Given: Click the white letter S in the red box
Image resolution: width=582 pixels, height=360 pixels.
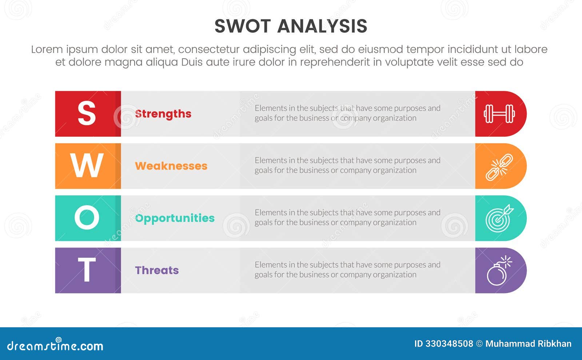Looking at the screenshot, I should pyautogui.click(x=87, y=113).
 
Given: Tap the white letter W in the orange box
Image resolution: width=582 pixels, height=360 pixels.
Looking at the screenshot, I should pyautogui.click(x=87, y=166).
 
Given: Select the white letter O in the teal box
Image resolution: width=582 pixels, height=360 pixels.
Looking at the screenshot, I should pyautogui.click(x=87, y=218).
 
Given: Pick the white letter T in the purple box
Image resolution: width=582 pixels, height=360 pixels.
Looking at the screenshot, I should pyautogui.click(x=87, y=270).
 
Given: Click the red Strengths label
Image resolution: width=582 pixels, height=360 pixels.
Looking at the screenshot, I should pyautogui.click(x=163, y=114).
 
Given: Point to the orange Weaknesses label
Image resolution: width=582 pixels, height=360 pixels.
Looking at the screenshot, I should pyautogui.click(x=171, y=166).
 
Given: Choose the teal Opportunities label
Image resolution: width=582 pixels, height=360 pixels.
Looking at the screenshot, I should pyautogui.click(x=175, y=218).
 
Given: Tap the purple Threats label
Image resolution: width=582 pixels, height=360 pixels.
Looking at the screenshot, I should pyautogui.click(x=157, y=270).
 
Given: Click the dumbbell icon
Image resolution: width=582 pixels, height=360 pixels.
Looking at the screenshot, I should pyautogui.click(x=499, y=114).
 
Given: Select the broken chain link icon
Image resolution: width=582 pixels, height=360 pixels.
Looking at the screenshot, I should pyautogui.click(x=499, y=167).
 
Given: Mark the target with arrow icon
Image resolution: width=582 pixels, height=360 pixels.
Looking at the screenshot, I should pyautogui.click(x=499, y=219).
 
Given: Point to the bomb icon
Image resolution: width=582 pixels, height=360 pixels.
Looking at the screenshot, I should pyautogui.click(x=499, y=271).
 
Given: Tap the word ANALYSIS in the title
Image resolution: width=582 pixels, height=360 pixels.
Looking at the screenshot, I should pyautogui.click(x=322, y=26).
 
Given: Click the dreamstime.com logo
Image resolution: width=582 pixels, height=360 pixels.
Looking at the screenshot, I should pyautogui.click(x=55, y=345).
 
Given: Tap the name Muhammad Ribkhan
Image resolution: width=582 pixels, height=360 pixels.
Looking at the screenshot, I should pyautogui.click(x=528, y=344).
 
